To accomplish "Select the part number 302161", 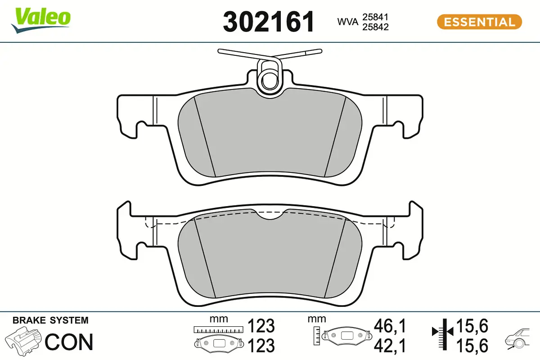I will click(268, 22).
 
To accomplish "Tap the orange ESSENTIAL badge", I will click(479, 22).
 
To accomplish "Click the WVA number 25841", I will click(376, 17).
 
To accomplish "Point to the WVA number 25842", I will click(376, 27).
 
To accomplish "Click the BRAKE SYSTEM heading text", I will click(50, 320).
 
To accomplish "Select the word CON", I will click(69, 342).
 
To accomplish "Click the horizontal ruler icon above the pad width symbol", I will click(218, 329).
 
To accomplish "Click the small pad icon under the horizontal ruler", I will click(218, 344).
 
